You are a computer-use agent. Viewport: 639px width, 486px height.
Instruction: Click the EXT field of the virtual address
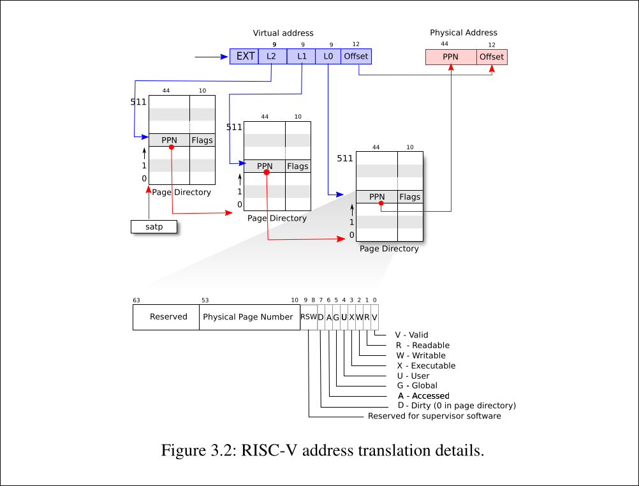pyautogui.click(x=244, y=56)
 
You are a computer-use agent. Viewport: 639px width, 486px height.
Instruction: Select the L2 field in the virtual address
pyautogui.click(x=272, y=56)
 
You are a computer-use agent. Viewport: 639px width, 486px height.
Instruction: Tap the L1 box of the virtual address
pyautogui.click(x=302, y=56)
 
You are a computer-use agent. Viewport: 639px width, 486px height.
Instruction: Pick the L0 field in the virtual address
pyautogui.click(x=328, y=56)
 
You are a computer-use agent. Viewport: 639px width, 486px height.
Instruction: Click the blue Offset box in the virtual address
pyautogui.click(x=356, y=56)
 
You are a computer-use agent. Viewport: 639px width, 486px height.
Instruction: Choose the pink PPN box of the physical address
pyautogui.click(x=451, y=57)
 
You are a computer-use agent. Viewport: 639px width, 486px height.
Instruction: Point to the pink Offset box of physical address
pyautogui.click(x=492, y=57)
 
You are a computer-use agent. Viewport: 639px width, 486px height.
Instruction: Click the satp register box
pyautogui.click(x=154, y=226)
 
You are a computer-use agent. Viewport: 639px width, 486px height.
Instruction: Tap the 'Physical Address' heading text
pyautogui.click(x=464, y=33)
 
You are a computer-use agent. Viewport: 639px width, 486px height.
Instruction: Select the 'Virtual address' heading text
pyautogui.click(x=283, y=33)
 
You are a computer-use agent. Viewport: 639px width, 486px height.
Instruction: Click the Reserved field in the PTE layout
pyautogui.click(x=168, y=317)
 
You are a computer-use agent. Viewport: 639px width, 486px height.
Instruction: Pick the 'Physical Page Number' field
pyautogui.click(x=248, y=317)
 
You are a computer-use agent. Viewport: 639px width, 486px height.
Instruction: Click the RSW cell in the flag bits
pyautogui.click(x=309, y=317)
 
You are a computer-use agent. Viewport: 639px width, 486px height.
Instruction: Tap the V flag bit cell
pyautogui.click(x=374, y=317)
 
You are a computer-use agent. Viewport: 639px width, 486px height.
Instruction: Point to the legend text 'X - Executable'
pyautogui.click(x=426, y=365)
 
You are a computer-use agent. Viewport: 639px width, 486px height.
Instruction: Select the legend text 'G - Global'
pyautogui.click(x=417, y=385)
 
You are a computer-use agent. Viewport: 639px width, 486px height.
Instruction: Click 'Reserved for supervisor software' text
pyautogui.click(x=434, y=416)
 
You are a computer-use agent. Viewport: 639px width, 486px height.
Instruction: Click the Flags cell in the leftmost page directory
pyautogui.click(x=202, y=140)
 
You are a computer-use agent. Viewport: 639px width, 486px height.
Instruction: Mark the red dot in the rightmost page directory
pyautogui.click(x=381, y=203)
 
